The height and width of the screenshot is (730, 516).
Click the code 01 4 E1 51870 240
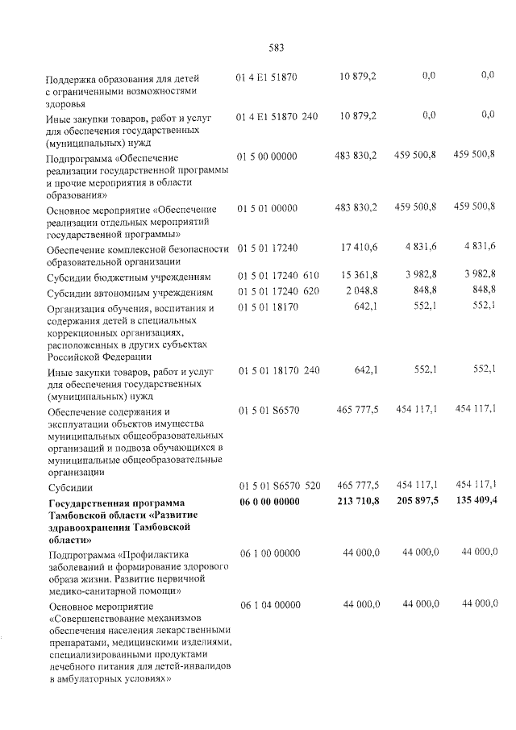tap(277, 116)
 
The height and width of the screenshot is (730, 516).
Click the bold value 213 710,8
tap(358, 501)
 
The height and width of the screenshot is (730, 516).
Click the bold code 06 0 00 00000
tap(268, 501)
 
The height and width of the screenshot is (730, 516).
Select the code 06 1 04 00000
tap(268, 604)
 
